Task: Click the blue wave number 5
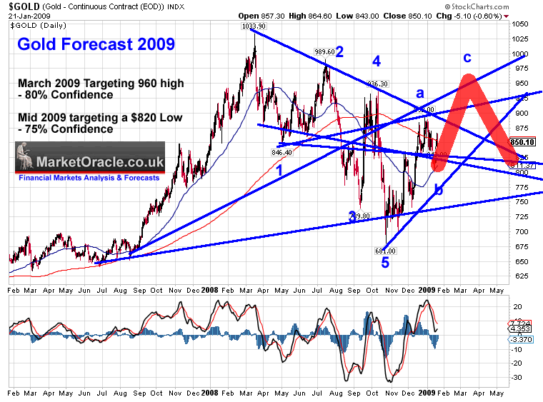385,263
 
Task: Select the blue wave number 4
376,61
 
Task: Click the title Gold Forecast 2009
96,44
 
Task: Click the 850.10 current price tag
529,142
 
